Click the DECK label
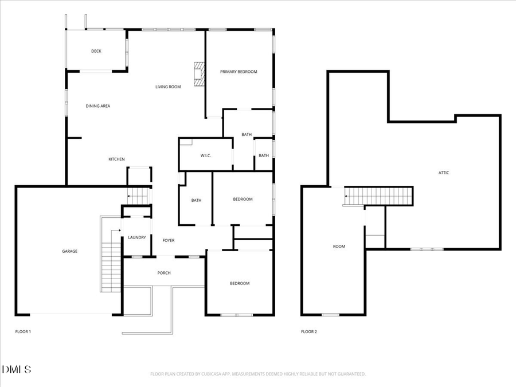pos(96,51)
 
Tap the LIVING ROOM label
pos(168,87)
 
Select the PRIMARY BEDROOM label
pos(239,72)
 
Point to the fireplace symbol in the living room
pos(198,74)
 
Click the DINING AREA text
pos(98,106)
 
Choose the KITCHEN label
pos(117,159)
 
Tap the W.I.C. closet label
pos(207,155)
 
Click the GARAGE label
pos(70,251)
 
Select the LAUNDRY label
pos(137,237)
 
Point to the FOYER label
pos(169,241)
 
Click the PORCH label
pos(164,273)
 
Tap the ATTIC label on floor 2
pos(444,173)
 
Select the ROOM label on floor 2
pos(339,247)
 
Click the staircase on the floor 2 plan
pos(379,196)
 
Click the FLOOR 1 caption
pos(23,331)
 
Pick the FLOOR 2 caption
pos(309,331)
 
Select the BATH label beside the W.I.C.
pos(247,135)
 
